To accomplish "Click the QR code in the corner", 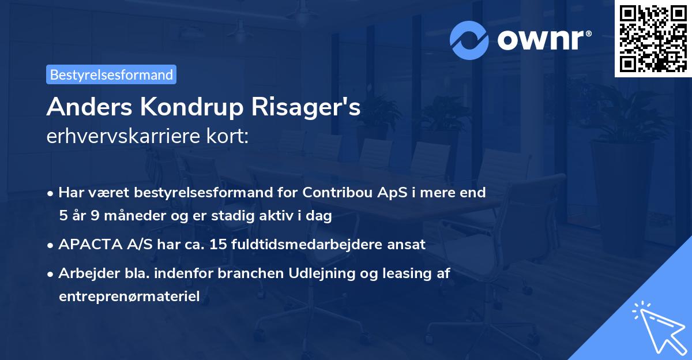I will [x=653, y=38].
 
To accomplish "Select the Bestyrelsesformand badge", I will [x=111, y=74].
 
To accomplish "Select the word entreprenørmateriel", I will [x=129, y=297].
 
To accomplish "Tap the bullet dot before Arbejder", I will [x=51, y=274].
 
